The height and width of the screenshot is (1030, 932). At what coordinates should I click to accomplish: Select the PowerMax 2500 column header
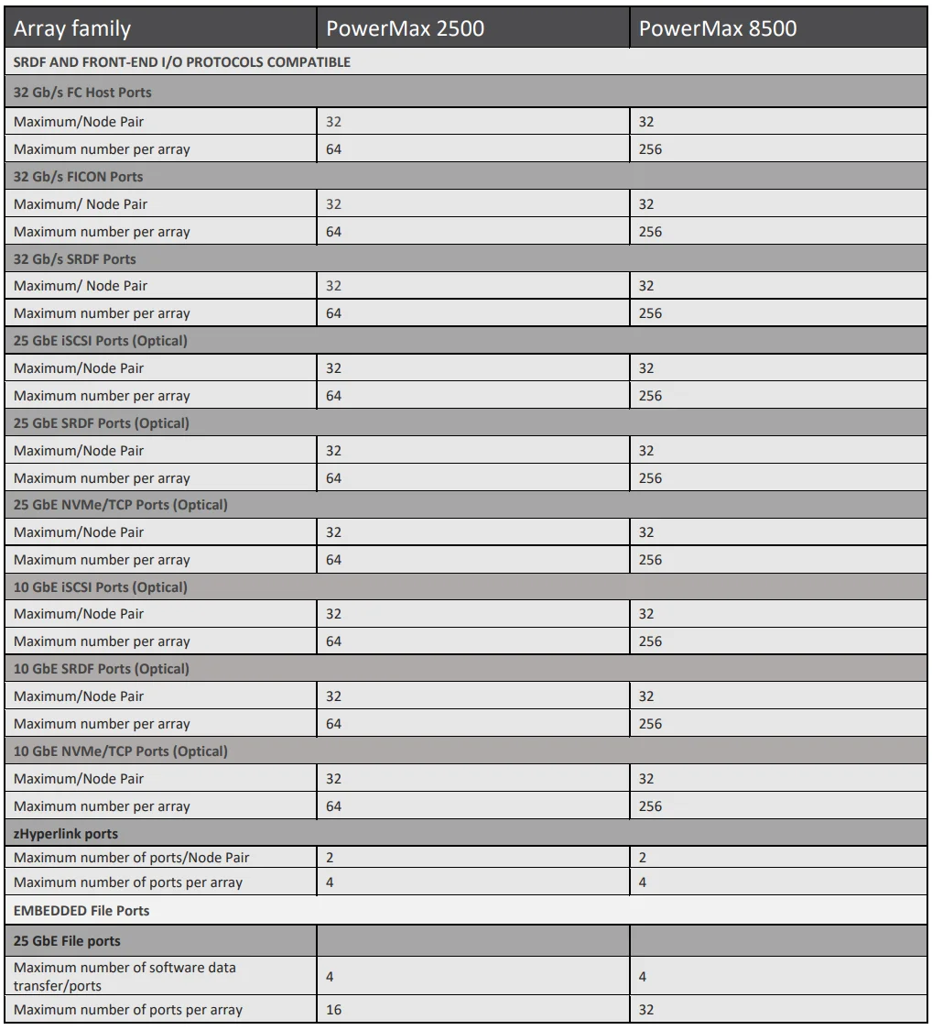click(x=406, y=29)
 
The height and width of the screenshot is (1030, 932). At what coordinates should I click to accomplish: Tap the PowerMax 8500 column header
click(x=718, y=29)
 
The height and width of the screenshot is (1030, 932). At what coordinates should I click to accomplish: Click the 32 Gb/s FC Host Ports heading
click(x=82, y=93)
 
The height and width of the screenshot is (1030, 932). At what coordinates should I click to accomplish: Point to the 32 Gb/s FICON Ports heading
click(x=79, y=176)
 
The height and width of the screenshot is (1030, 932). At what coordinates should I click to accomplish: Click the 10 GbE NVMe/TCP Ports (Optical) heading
click(x=121, y=751)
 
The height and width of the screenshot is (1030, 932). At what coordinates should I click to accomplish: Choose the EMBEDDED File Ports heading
click(x=82, y=911)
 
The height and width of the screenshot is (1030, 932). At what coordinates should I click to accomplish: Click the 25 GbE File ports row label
click(x=68, y=940)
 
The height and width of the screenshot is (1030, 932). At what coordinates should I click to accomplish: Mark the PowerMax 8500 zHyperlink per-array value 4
click(x=643, y=882)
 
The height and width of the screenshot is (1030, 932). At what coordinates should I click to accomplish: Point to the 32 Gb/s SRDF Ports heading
click(x=75, y=258)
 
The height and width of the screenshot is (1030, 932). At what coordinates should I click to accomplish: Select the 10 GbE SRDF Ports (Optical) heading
click(x=102, y=669)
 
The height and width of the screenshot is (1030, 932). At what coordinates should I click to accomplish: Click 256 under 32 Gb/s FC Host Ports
click(x=650, y=149)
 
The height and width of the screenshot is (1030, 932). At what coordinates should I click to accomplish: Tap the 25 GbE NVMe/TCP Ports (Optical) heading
click(x=121, y=505)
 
